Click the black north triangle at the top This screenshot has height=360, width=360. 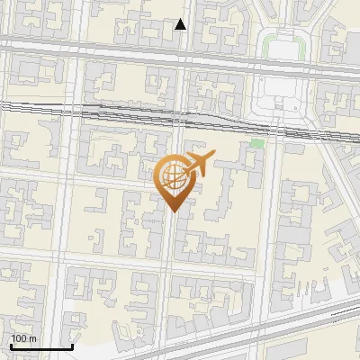point(181,24)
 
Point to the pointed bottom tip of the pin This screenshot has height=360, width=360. point(173,211)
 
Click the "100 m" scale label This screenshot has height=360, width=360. point(24,338)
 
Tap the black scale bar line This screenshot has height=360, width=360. point(41,346)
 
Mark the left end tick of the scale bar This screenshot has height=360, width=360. point(11,345)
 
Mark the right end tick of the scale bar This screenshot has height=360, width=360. point(72,345)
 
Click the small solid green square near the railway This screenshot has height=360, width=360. point(258,143)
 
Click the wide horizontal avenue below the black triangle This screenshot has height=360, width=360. point(135,50)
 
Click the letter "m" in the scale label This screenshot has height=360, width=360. point(33,338)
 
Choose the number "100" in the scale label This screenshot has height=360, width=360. point(20,338)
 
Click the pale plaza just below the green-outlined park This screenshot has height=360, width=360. point(279,94)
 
